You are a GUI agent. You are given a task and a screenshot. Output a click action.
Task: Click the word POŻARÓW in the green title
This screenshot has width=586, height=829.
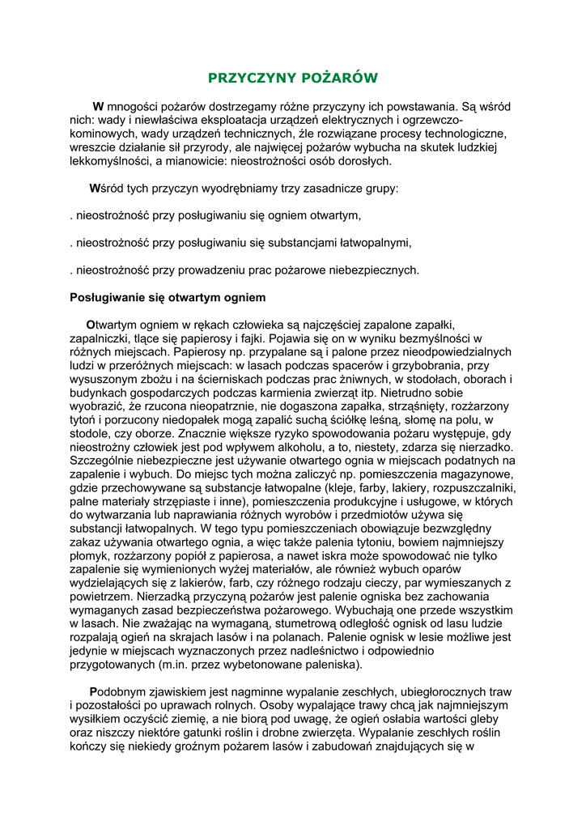click(340, 78)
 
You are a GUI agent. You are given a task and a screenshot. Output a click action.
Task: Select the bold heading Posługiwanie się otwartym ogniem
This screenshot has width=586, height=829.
click(168, 297)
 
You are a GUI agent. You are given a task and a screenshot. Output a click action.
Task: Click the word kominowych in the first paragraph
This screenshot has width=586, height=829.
click(100, 134)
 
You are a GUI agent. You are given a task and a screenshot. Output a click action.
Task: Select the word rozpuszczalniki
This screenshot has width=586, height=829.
click(466, 490)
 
